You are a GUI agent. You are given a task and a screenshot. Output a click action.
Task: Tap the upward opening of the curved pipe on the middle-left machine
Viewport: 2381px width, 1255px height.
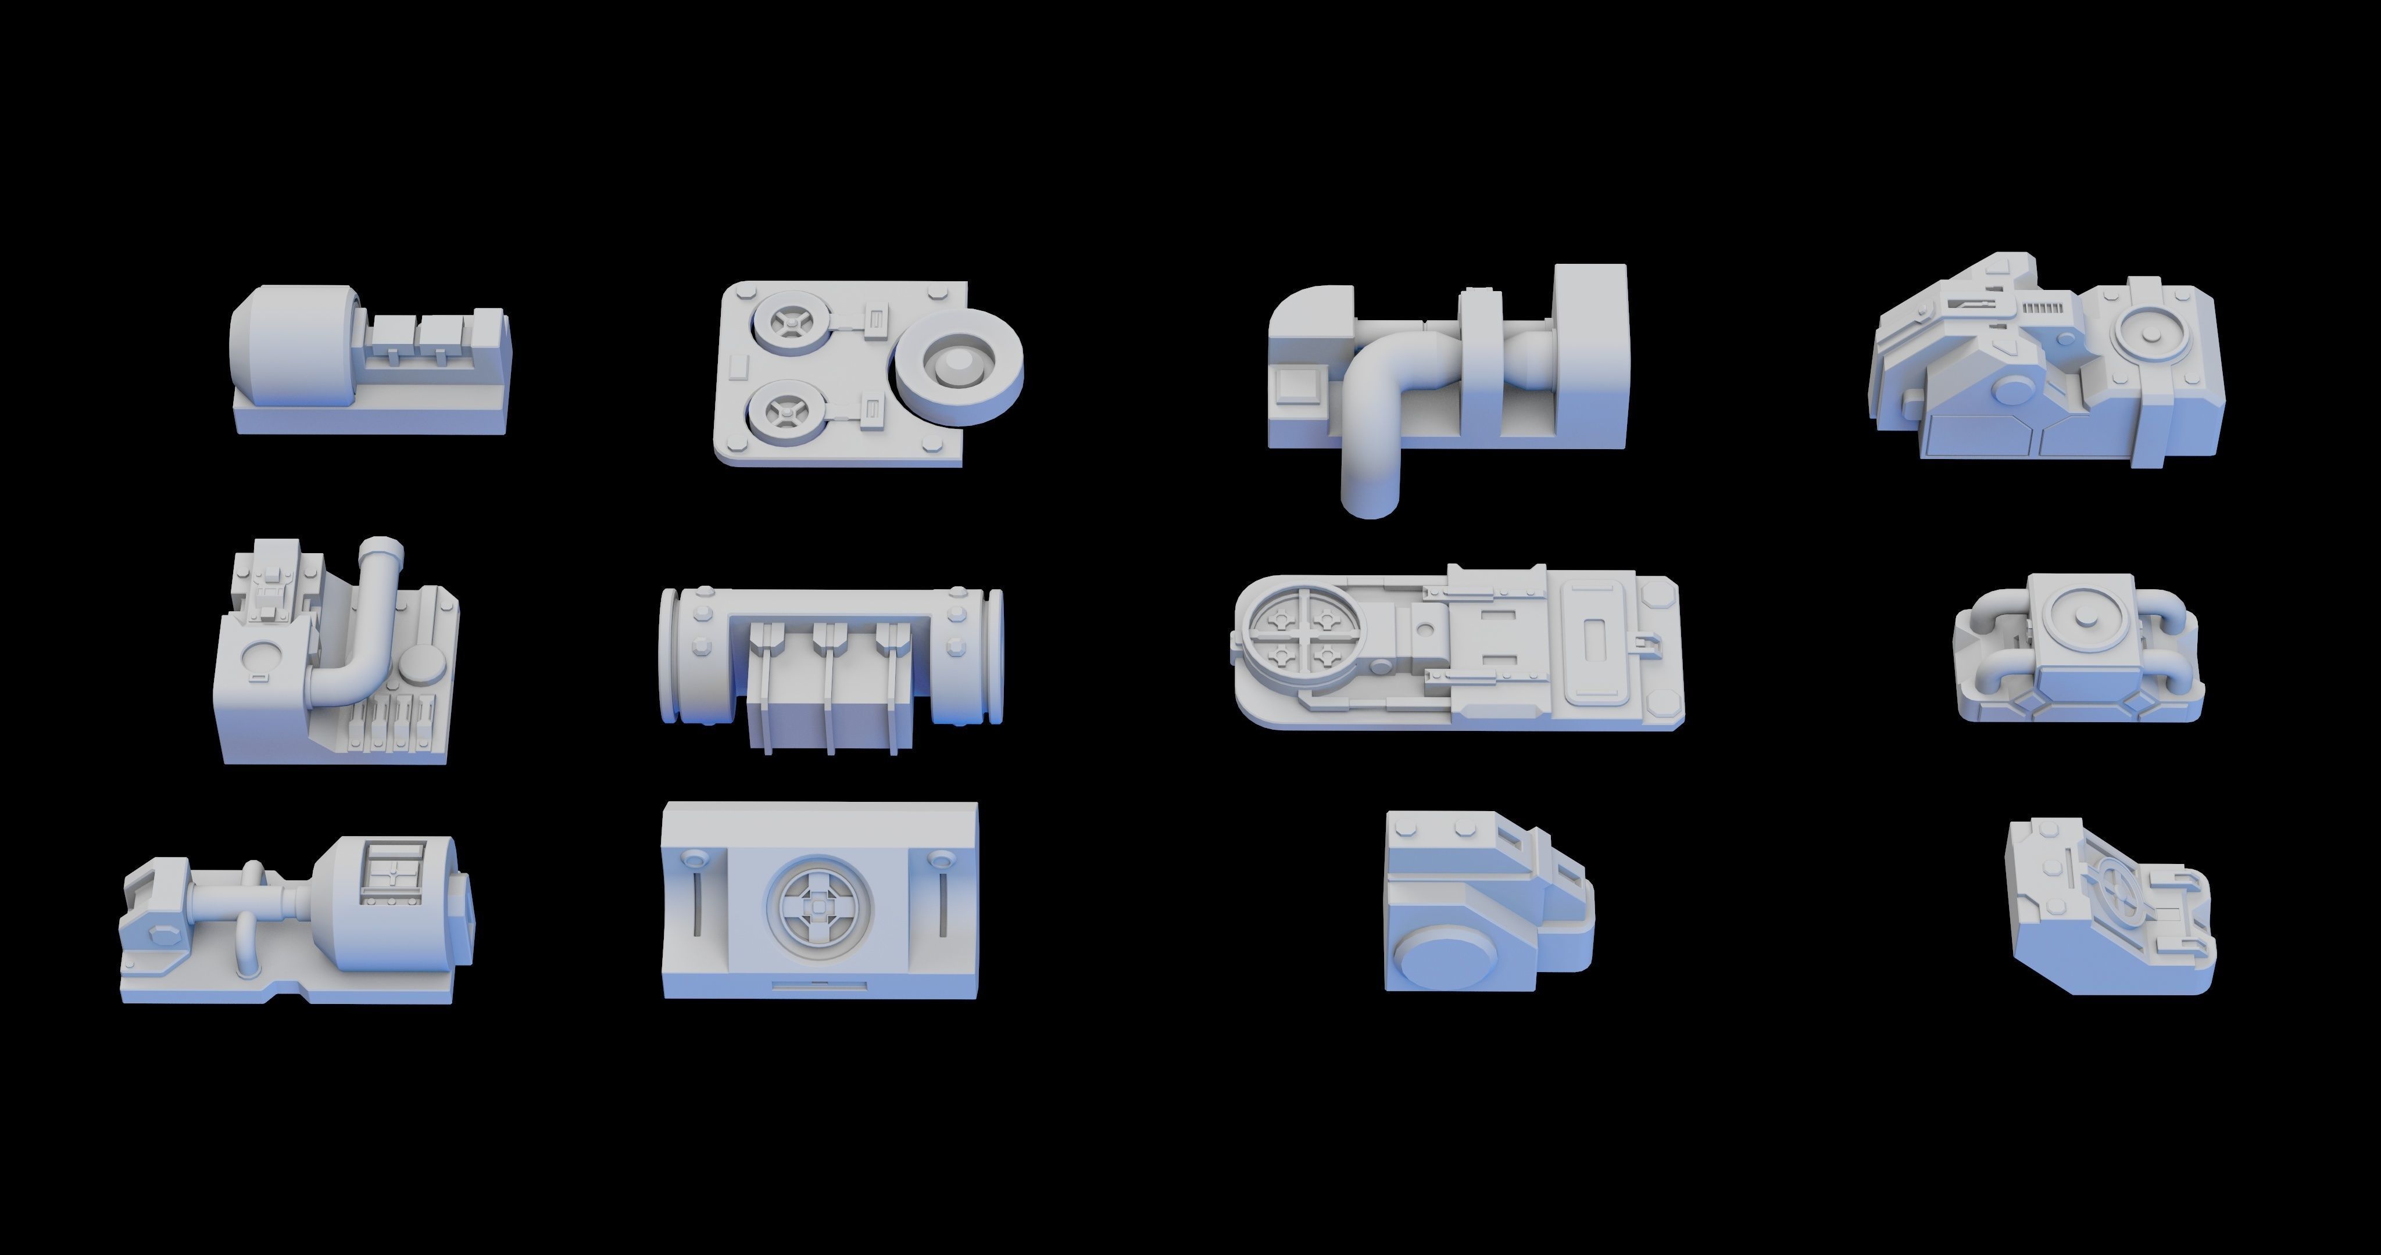[382, 548]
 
